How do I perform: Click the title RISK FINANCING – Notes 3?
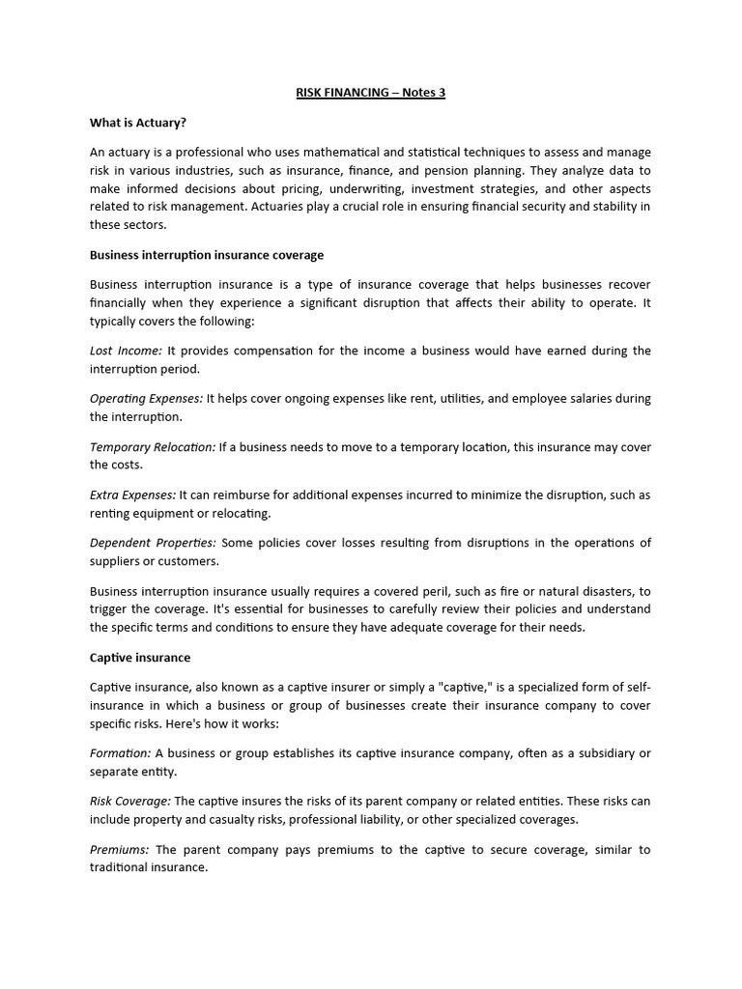(370, 94)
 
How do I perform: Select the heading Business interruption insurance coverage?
(207, 255)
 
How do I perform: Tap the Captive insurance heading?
(140, 657)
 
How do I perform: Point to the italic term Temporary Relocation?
(153, 446)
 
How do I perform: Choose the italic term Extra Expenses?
(132, 494)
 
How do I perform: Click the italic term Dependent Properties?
(153, 543)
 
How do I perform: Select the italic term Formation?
(120, 752)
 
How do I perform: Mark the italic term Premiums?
(119, 849)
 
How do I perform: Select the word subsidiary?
(605, 752)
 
